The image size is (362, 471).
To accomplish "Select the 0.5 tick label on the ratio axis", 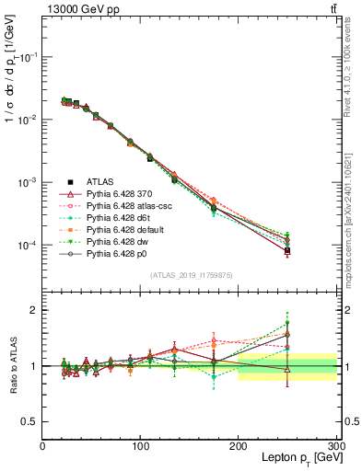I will click(29, 421).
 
